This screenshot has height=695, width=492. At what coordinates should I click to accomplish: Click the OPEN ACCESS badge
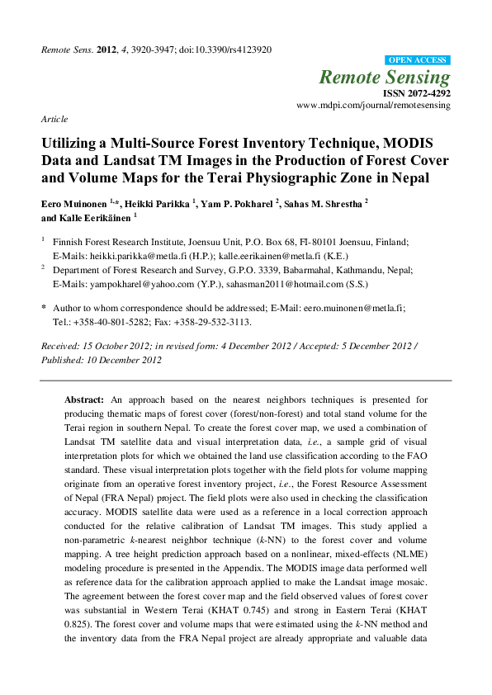coord(418,60)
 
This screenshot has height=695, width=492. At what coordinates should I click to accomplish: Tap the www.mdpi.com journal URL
coord(372,106)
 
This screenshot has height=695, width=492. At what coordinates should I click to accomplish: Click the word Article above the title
coord(54,120)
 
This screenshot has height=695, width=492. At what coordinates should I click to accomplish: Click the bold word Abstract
coord(84,399)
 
